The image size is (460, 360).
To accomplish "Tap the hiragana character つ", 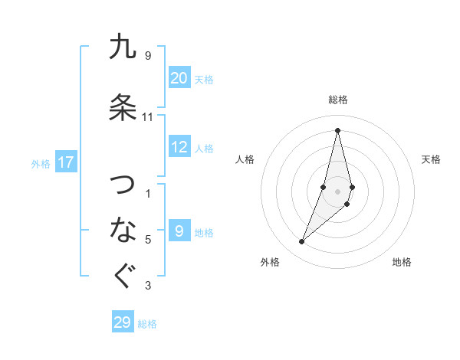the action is (x=123, y=185).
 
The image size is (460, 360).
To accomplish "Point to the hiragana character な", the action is (x=123, y=228).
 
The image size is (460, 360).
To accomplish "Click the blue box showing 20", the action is (x=179, y=78).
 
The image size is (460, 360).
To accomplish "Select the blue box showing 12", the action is (x=179, y=147).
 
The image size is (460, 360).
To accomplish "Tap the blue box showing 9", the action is (x=179, y=231).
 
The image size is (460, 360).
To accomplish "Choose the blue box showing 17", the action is (x=66, y=162).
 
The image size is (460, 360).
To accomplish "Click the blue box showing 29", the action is (x=123, y=322).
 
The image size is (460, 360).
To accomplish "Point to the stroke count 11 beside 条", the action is (x=148, y=117).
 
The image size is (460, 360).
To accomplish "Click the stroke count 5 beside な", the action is (x=148, y=240).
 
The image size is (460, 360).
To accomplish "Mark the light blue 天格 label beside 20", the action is (x=203, y=79).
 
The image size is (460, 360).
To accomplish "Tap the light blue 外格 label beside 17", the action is (x=41, y=163).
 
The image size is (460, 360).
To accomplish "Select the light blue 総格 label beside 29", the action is (x=147, y=323).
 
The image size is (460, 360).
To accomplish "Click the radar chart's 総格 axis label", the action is (x=337, y=100).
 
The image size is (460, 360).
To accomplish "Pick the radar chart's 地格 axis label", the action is (x=402, y=262).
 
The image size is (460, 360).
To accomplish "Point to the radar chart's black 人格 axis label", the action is (x=245, y=159).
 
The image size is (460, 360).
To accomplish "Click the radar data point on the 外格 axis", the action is (x=301, y=242).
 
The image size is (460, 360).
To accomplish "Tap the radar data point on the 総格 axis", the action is (x=337, y=129).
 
